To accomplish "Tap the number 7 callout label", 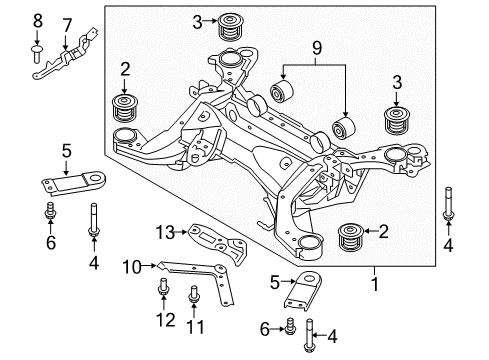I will click(67, 23).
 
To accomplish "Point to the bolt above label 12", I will click(163, 291).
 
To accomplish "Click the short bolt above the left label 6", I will click(50, 213).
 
